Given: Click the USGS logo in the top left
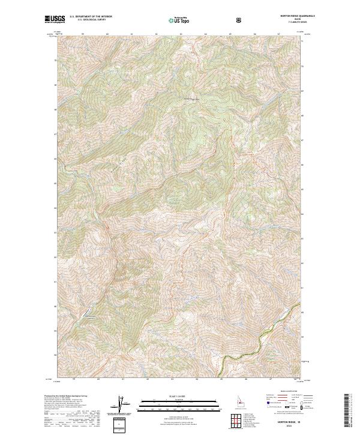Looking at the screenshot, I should tap(55, 20).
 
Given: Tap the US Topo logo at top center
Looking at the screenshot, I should tap(179, 20).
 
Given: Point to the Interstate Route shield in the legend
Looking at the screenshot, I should tap(261, 413).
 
